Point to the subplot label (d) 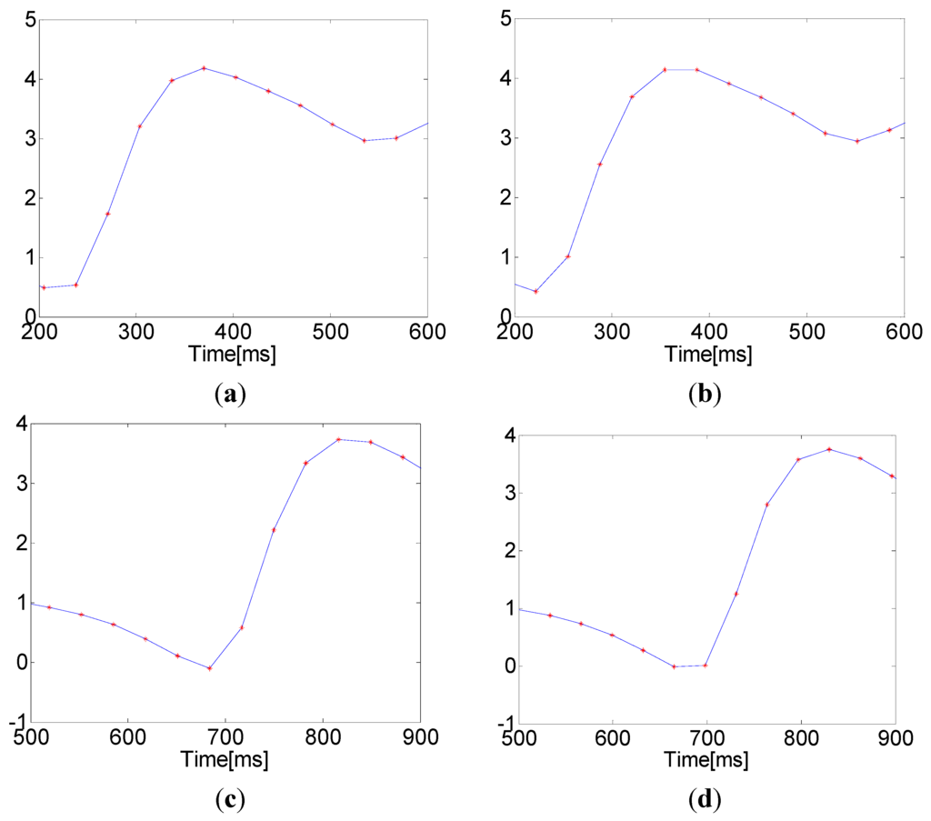706,801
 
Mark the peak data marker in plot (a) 204,68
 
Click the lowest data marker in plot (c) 210,668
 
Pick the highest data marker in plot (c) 338,440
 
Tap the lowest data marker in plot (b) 536,291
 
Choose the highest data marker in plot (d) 755,449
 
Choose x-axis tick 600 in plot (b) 903,330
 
